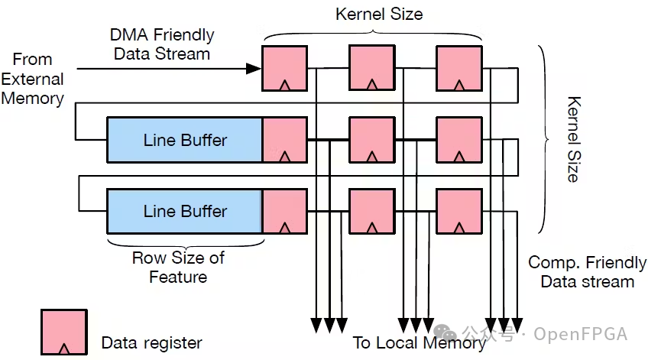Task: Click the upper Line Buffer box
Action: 185,140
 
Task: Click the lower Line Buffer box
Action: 185,211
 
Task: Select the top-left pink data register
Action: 284,67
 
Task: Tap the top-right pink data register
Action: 458,67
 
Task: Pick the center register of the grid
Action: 371,139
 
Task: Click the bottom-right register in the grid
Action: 458,211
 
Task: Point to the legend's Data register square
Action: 64,332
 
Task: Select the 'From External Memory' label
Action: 32,79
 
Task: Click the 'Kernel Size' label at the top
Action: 379,14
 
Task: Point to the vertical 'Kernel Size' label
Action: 572,139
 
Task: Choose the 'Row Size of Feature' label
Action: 178,267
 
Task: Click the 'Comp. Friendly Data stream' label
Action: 587,272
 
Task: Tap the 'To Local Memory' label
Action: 419,343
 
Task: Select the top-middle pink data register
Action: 371,67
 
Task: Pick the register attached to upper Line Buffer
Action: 284,139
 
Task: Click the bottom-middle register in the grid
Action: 371,211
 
